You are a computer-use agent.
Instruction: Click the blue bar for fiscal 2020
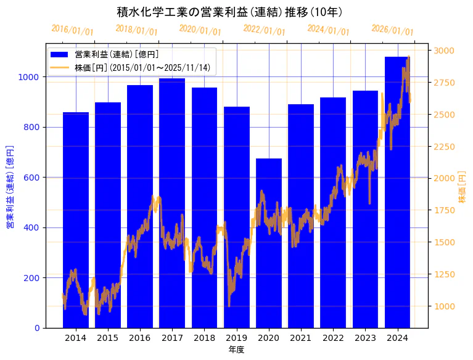pos(269,247)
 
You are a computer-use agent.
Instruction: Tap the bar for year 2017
pos(172,203)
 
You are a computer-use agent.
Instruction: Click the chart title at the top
pos(229,12)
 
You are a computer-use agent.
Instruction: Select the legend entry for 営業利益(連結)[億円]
pos(117,55)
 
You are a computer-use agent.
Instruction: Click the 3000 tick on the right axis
pos(445,51)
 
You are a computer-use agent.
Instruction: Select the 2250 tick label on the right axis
pos(445,147)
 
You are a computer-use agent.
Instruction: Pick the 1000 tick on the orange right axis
pos(445,306)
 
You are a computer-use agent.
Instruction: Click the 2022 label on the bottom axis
pos(333,338)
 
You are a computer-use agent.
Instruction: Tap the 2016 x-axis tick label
pos(140,338)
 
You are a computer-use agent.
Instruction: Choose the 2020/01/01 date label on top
pos(200,30)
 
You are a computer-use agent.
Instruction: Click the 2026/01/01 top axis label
pos(392,30)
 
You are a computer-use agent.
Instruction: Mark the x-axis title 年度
pos(237,350)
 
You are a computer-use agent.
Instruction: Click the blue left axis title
pos(9,187)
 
